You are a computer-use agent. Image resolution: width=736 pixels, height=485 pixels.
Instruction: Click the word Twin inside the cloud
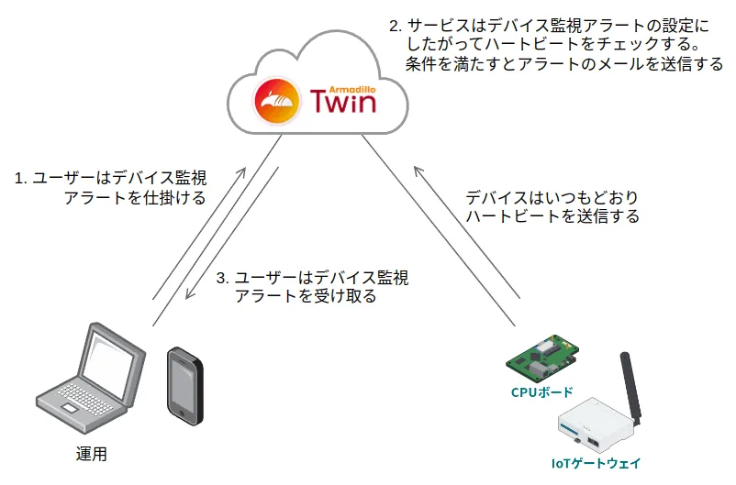pyautogui.click(x=343, y=101)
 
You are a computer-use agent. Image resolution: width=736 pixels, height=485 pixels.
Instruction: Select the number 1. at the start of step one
pyautogui.click(x=20, y=178)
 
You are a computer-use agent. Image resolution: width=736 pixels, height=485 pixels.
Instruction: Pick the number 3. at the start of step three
pyautogui.click(x=222, y=278)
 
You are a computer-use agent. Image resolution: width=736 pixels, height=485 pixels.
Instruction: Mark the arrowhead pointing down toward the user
pyautogui.click(x=189, y=295)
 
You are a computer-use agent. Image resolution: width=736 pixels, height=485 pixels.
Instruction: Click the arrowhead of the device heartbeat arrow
pyautogui.click(x=418, y=171)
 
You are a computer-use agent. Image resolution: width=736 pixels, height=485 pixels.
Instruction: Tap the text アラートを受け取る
pyautogui.click(x=306, y=297)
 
